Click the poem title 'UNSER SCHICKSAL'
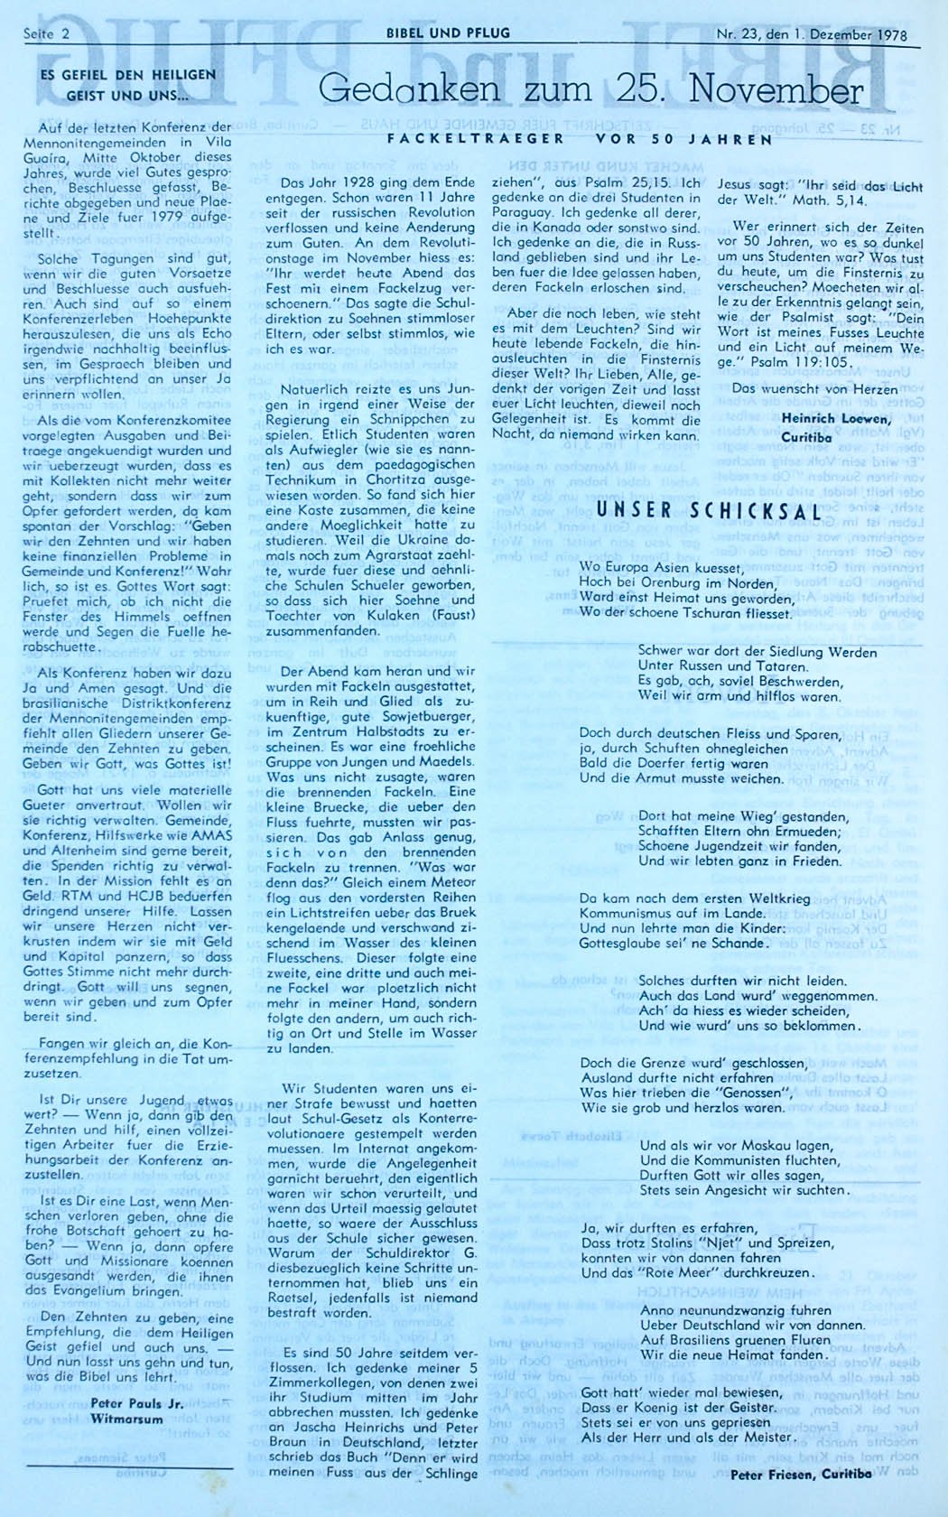(x=695, y=508)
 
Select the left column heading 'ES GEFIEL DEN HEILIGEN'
(x=129, y=74)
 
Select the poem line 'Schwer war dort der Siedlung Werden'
(x=757, y=652)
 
